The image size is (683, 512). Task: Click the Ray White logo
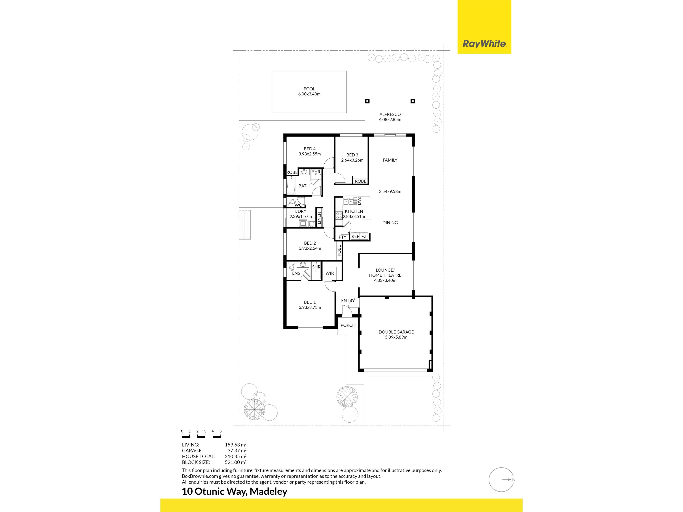point(484,44)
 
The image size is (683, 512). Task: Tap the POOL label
point(309,89)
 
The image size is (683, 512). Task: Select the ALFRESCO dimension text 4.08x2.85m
point(390,119)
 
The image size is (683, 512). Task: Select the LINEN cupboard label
point(319,218)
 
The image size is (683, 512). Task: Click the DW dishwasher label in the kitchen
point(359,201)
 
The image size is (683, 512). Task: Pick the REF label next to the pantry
point(355,236)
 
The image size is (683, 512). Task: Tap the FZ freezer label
point(364,236)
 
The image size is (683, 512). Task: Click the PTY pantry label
point(342,237)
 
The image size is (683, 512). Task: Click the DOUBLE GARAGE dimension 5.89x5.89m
point(396,337)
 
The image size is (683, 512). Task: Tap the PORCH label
point(348,325)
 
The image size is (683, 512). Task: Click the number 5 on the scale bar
point(220,431)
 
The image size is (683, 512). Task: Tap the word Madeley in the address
point(268,491)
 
